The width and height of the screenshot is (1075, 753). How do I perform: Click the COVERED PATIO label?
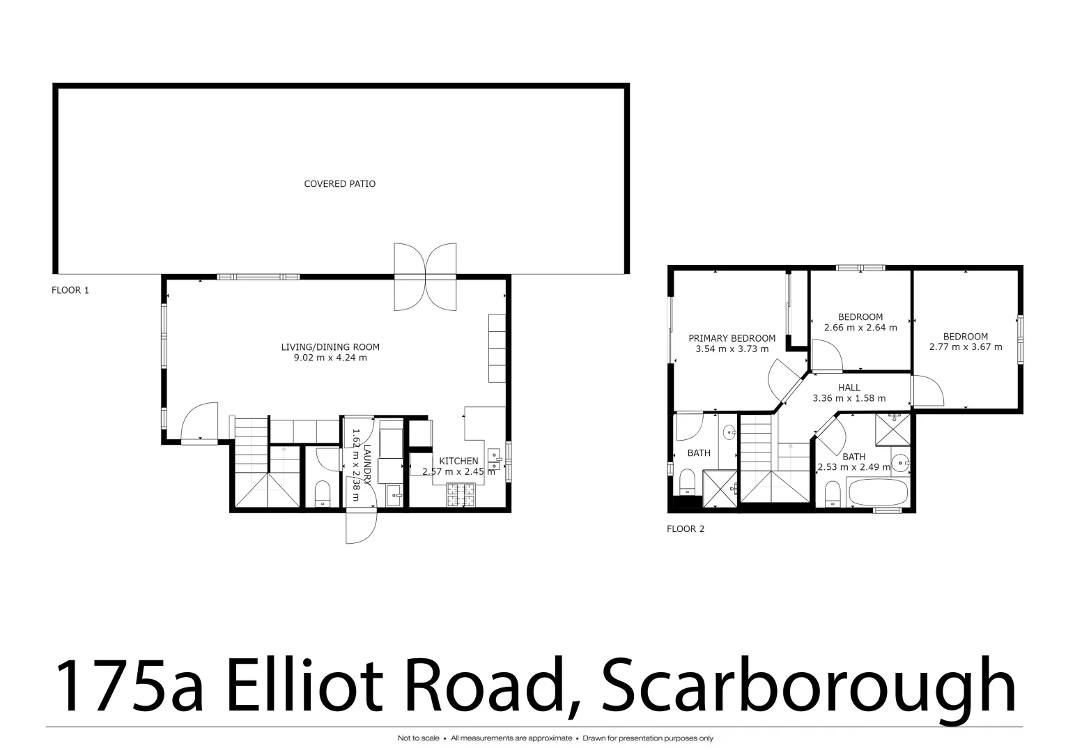[339, 184]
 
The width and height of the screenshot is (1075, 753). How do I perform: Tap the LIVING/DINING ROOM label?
[330, 347]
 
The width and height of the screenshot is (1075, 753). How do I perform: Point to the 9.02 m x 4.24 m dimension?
[330, 358]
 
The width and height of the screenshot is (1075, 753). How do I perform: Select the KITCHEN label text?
[458, 461]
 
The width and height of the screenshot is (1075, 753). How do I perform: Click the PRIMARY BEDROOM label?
[732, 338]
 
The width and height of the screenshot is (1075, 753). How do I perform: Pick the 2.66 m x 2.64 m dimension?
[860, 328]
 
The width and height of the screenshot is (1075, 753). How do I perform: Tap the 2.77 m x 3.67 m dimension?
[966, 347]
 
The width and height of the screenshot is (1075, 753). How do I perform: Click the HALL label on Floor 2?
[849, 388]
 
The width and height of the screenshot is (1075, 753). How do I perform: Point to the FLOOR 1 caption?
[70, 290]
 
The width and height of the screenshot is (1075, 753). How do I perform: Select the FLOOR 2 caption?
[686, 529]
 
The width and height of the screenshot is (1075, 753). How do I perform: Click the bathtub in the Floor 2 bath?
[877, 494]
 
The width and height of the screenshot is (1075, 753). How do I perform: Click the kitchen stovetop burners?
[461, 494]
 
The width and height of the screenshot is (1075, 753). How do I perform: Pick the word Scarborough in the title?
[808, 685]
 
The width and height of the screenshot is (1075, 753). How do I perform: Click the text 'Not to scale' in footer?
[418, 738]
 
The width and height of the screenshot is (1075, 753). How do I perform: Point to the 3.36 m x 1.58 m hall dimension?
[849, 399]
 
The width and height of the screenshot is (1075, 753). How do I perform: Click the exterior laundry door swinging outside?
[362, 526]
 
